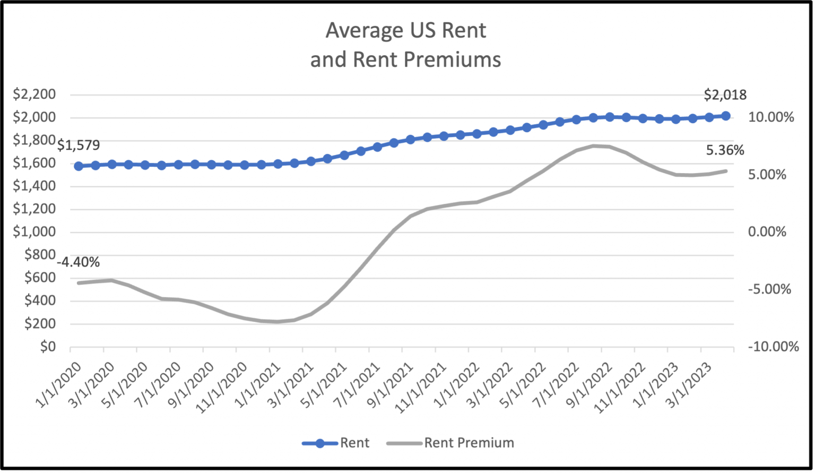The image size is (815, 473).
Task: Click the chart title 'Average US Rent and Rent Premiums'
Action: (405, 45)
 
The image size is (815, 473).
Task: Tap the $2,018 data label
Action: (725, 95)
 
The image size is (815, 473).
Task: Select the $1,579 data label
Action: (78, 145)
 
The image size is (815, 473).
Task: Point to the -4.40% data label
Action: (78, 262)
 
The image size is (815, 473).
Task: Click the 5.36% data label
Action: (725, 151)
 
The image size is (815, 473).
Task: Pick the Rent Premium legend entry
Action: (450, 443)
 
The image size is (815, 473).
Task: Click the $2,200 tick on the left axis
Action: (34, 94)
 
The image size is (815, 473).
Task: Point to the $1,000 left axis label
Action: (34, 232)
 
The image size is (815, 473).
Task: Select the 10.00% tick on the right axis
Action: (771, 117)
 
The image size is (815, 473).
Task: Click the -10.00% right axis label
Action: (773, 347)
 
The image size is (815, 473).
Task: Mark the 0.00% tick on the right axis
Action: (767, 232)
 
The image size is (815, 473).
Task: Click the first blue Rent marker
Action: (79, 166)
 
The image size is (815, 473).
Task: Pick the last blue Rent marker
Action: (725, 116)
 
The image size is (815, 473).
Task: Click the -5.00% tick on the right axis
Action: (769, 289)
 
